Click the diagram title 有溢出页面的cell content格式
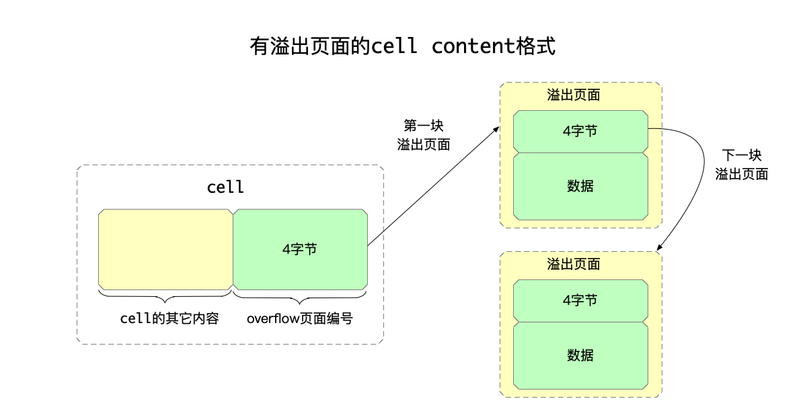coord(403,47)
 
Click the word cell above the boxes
coord(225,187)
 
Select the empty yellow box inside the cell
coord(165,249)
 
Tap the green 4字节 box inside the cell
coord(300,249)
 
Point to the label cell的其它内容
coord(169,318)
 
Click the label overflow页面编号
coord(300,318)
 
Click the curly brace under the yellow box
coord(165,295)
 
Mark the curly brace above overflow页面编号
coord(300,295)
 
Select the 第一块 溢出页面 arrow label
coord(424,135)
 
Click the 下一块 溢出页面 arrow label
coord(742,165)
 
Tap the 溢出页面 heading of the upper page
coord(574,95)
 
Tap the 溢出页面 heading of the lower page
coord(574,265)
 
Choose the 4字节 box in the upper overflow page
coord(580,132)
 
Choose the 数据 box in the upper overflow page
coord(580,186)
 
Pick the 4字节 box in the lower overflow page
coord(580,301)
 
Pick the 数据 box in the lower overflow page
coord(580,355)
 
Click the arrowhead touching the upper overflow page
coord(496,129)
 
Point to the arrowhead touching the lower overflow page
coord(660,247)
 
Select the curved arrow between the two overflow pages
coord(692,175)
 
